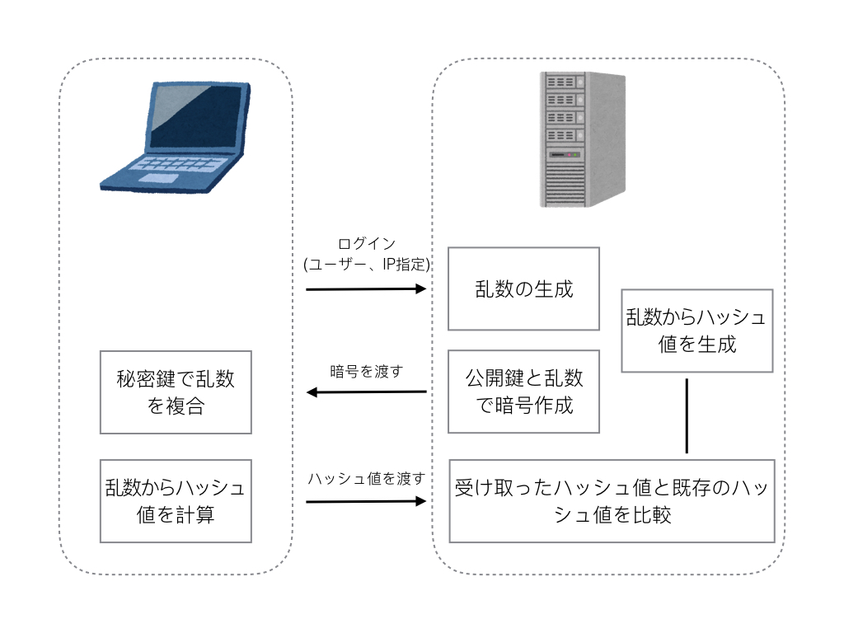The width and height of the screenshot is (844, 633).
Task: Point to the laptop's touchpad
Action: (157, 178)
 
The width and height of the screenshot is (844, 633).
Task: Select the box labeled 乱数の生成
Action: (523, 288)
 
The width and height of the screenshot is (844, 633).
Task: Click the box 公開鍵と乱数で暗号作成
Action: (523, 392)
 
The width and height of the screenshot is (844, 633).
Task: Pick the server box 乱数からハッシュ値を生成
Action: (696, 331)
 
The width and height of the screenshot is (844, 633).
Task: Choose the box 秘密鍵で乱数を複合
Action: (176, 392)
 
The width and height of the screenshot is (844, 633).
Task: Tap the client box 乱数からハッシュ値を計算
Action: (176, 501)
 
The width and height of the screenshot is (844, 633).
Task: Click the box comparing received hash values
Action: (612, 501)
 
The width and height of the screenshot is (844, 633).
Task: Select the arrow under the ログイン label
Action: (366, 289)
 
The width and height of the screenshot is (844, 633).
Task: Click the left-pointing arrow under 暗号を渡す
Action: (366, 392)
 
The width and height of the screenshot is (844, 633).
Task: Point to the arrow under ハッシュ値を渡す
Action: (366, 500)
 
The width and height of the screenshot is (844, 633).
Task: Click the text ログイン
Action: (367, 244)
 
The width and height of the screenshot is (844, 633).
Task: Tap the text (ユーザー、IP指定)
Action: (367, 264)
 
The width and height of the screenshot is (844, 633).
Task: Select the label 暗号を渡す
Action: (367, 370)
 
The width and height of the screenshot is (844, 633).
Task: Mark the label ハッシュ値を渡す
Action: (367, 478)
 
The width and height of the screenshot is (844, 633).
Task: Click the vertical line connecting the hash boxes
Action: (687, 416)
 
